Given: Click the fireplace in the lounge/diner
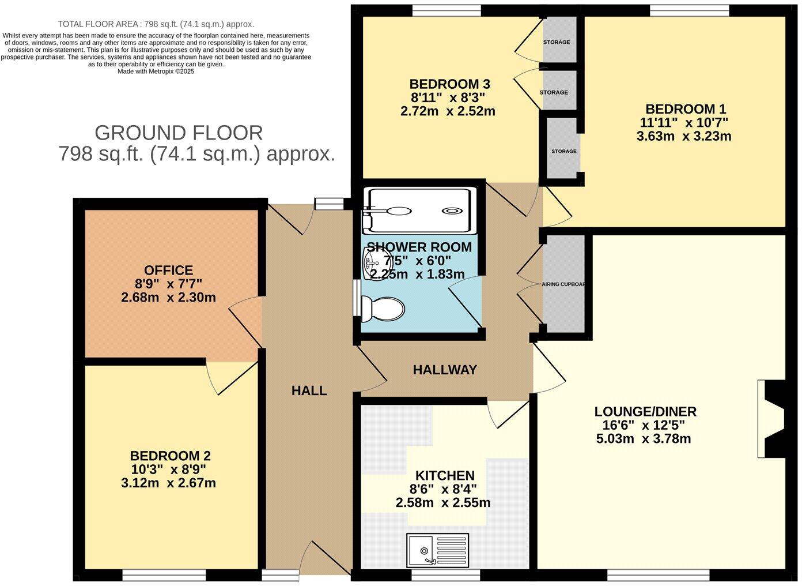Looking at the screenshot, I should [x=771, y=418].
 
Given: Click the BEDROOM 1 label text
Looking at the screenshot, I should [x=686, y=109].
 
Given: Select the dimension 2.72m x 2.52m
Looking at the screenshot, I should [x=448, y=111].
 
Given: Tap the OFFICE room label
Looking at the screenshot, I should [x=168, y=270].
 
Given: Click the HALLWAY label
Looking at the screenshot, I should [x=445, y=370].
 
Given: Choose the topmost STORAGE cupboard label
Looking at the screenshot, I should [x=557, y=42].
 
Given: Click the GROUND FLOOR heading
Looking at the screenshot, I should [x=179, y=133].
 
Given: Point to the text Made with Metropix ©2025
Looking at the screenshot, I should [x=156, y=72].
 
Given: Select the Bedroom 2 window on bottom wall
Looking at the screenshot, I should [x=164, y=574].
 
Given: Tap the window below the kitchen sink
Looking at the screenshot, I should [x=445, y=574].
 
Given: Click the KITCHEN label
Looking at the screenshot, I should [x=445, y=476].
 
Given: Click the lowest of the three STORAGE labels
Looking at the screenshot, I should [x=563, y=151].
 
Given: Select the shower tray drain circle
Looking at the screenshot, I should [x=451, y=212].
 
